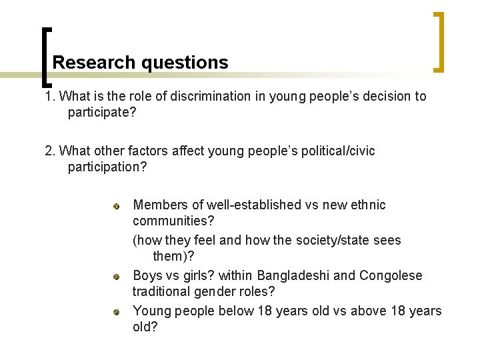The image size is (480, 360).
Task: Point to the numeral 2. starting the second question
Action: coord(50,151)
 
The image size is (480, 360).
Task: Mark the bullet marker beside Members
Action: coord(116,206)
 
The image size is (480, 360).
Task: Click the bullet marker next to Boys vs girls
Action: coord(116,277)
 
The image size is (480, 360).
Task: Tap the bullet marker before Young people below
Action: coord(116,312)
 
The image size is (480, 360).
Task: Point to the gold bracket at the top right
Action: coord(439,41)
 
